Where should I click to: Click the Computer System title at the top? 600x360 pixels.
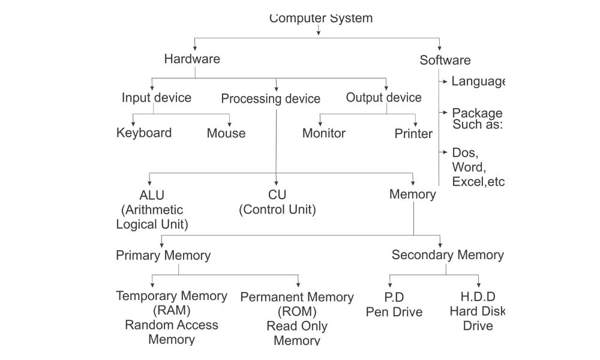point(321,18)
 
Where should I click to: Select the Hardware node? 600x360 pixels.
point(192,59)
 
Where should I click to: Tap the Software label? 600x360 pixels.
point(445,60)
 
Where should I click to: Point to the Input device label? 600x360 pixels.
point(156,98)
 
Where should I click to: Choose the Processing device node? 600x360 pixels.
point(271,99)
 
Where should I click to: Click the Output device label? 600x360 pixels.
point(383,97)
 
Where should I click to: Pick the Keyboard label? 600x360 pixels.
point(144,133)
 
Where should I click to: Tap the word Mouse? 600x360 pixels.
point(226,133)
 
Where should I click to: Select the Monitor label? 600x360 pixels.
point(324,133)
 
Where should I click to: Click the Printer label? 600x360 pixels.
point(413,134)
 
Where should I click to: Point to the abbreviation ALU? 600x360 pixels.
point(152,195)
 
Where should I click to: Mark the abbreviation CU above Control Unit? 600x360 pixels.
point(277,195)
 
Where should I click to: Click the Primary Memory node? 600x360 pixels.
point(163,256)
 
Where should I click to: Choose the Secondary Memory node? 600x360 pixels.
point(448,255)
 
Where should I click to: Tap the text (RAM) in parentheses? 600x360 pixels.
point(172,310)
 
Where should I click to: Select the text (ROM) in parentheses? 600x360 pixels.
point(297,311)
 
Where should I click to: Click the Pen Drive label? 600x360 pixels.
point(394,312)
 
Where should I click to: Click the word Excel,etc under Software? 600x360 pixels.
point(478,182)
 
